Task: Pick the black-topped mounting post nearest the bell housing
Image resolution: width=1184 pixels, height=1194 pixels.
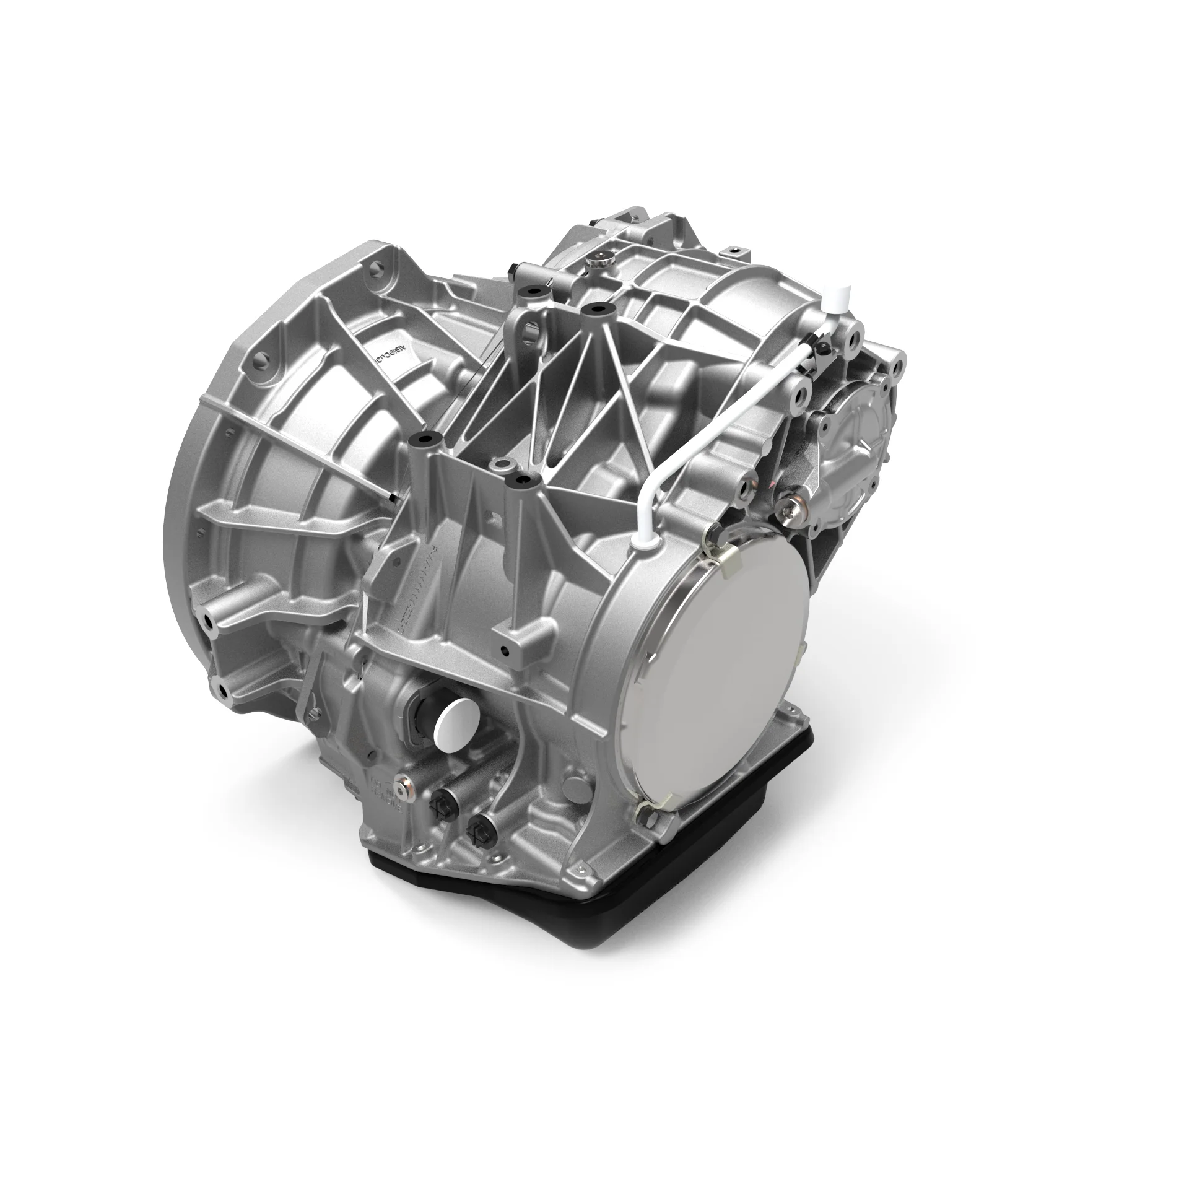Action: (425, 439)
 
